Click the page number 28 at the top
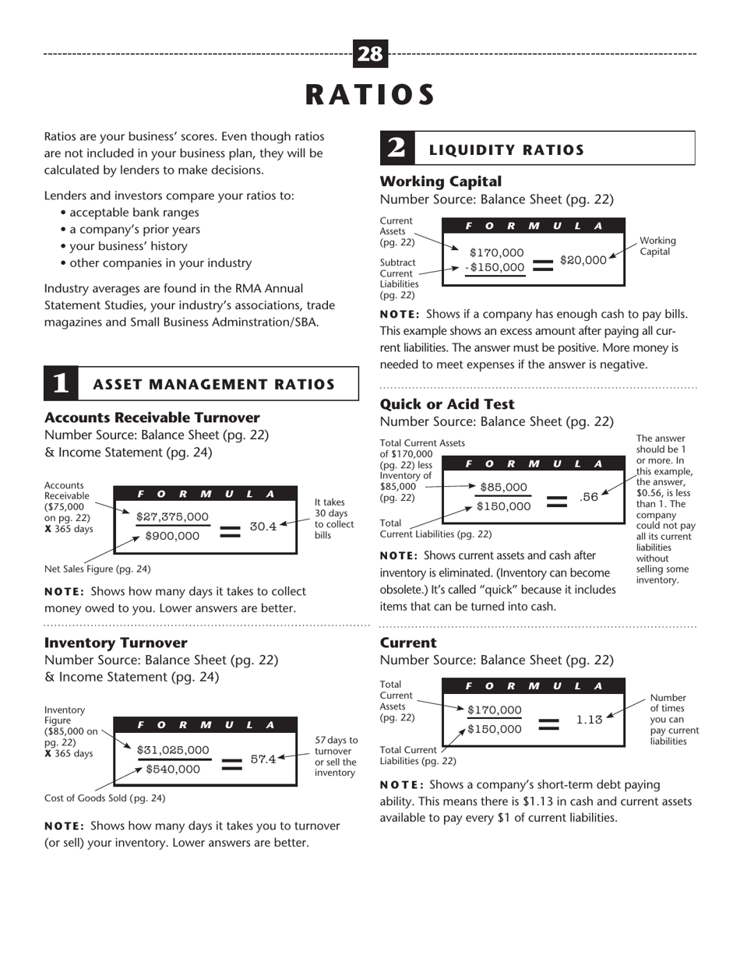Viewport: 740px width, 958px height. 370,54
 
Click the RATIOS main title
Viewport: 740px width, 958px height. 370,94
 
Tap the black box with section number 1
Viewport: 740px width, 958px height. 61,383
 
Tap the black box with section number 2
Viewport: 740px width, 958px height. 396,148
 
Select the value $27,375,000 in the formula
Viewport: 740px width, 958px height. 172,516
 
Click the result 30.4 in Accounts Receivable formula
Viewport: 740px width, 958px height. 263,527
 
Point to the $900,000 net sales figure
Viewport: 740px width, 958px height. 172,536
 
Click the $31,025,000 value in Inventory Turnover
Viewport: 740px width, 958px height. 173,750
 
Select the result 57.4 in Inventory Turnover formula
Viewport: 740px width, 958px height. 263,759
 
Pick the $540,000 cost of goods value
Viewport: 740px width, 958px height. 173,769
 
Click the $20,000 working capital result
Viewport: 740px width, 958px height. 583,259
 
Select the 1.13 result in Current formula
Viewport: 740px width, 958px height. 589,720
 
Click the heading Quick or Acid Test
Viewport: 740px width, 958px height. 446,403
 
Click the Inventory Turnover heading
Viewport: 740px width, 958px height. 115,643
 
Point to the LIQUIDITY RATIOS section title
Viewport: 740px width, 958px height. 506,150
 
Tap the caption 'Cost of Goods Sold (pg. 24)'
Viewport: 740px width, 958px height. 105,798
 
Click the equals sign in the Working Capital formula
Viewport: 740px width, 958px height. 542,264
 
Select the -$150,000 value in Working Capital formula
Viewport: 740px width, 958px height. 495,267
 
